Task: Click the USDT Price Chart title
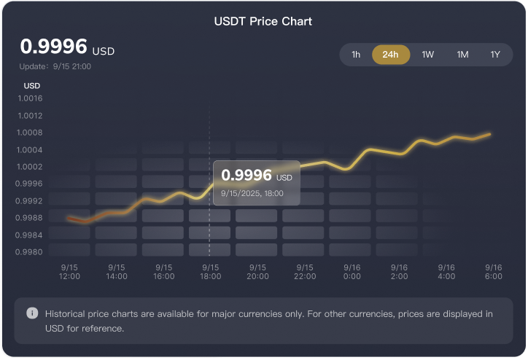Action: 263,21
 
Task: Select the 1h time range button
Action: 356,55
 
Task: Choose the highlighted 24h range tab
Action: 390,55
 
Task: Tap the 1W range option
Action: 428,55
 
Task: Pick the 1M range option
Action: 462,55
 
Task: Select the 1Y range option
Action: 496,55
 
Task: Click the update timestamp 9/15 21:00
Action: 55,66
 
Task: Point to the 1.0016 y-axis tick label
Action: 30,98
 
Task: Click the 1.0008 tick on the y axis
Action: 30,133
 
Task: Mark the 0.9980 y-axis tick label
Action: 30,252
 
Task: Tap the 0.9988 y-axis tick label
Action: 30,218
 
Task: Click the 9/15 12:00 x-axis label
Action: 69,272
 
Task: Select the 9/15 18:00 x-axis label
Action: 211,272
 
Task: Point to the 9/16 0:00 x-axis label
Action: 352,272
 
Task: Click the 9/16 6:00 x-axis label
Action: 494,272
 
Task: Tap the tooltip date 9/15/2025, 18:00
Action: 252,193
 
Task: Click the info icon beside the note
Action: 32,313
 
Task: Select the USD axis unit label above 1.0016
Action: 32,85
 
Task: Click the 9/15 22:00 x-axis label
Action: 305,272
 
